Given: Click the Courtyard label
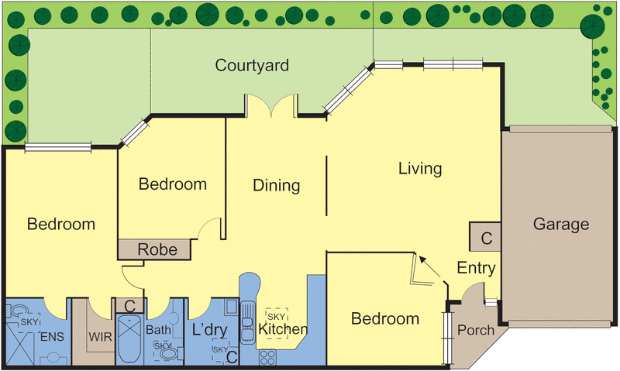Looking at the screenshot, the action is (252, 66).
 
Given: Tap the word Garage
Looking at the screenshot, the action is (561, 224).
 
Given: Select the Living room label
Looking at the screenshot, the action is (420, 168).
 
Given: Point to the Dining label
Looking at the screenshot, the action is (277, 185).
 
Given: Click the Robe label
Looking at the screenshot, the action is (157, 249).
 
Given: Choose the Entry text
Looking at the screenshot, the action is (476, 268).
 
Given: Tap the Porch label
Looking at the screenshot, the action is (476, 330).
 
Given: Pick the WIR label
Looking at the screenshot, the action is (101, 337).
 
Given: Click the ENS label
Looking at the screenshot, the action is (52, 337).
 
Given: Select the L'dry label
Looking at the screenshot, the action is (209, 330).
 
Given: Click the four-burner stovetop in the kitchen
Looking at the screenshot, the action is (267, 357).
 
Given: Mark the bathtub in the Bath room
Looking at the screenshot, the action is (129, 338).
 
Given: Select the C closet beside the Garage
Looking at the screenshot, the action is (485, 237).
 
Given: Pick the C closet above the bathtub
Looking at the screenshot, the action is (129, 306).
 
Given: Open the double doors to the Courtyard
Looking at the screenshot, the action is (271, 105).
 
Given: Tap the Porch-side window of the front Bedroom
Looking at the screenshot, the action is (447, 338).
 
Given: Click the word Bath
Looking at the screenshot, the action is (159, 330).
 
